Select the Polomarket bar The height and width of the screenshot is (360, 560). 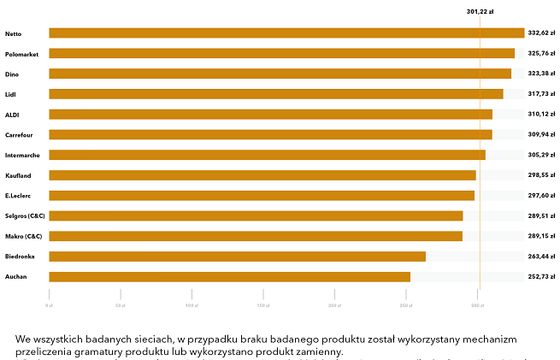280,53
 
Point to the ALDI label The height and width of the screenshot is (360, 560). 12,114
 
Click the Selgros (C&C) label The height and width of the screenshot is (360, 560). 25,215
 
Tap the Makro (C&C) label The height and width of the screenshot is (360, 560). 24,236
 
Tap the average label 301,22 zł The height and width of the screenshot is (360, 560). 480,12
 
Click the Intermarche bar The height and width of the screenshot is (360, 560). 266,155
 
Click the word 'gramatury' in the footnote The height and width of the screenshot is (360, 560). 108,352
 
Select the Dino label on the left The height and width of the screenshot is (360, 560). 11,74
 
